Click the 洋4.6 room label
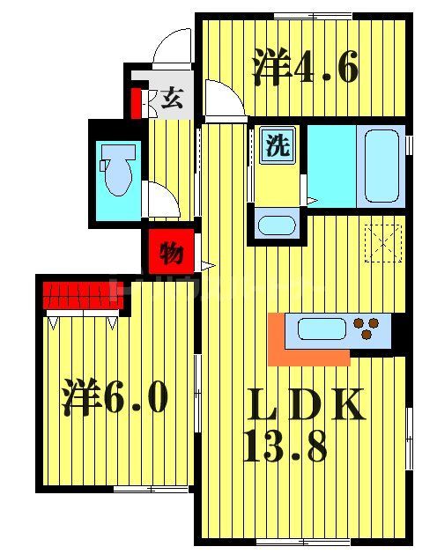pyautogui.click(x=305, y=68)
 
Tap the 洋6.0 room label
pyautogui.click(x=115, y=397)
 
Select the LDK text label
pyautogui.click(x=303, y=405)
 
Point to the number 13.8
pyautogui.click(x=285, y=447)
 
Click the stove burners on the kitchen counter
pyautogui.click(x=372, y=329)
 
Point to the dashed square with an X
pyautogui.click(x=384, y=242)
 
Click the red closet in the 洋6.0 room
pyautogui.click(x=82, y=292)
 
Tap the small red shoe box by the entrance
pyautogui.click(x=137, y=103)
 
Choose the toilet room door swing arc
pyautogui.click(x=159, y=198)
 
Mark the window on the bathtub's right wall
pyautogui.click(x=409, y=143)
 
